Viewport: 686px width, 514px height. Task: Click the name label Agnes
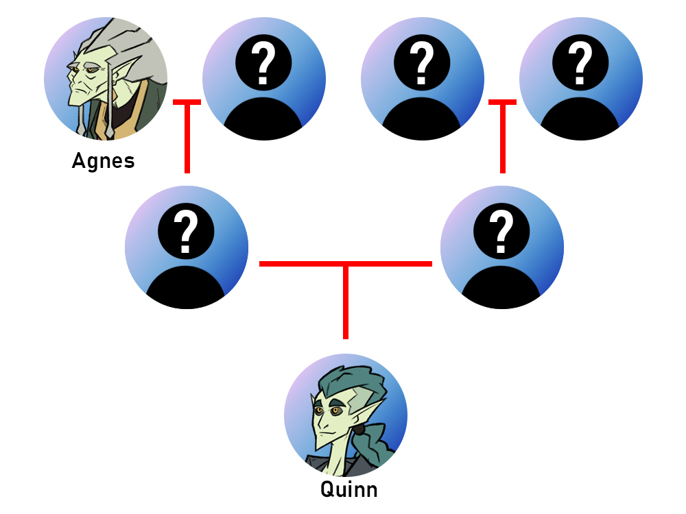coord(103,161)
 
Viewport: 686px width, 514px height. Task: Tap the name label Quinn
coord(348,489)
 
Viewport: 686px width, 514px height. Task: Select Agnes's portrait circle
coord(106,79)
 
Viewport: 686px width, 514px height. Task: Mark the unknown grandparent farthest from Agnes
coord(581,79)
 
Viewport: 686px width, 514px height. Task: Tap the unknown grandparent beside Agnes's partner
coord(423,79)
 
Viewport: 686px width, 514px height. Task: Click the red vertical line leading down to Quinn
coord(346,302)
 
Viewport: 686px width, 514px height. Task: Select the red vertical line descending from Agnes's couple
coord(187,137)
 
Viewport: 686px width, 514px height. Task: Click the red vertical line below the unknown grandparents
coord(502,137)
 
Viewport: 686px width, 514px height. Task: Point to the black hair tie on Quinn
coord(359,432)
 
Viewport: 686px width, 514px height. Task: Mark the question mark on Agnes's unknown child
coord(187,230)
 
